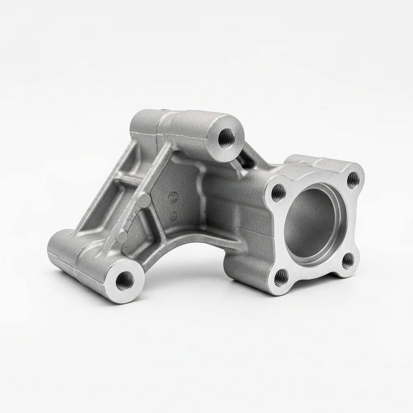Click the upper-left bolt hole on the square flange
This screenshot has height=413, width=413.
278,193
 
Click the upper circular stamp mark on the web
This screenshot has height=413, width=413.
172,197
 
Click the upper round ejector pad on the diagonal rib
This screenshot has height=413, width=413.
144,199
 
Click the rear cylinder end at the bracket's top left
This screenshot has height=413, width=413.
139,121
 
